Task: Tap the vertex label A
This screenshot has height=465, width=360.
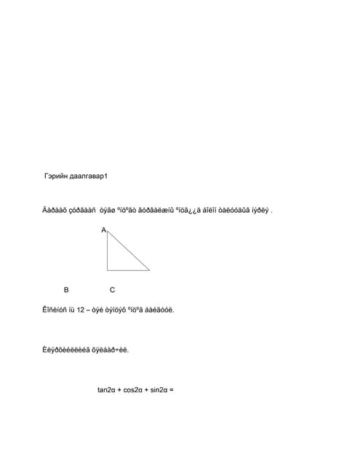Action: (103, 230)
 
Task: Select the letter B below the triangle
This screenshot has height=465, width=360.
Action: (66, 289)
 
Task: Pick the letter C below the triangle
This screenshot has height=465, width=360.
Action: (112, 289)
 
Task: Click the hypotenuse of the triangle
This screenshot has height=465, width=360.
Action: (129, 251)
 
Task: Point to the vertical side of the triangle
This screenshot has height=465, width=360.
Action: (108, 251)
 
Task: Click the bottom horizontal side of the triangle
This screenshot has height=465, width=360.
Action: (128, 270)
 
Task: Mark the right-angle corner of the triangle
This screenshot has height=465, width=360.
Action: (108, 270)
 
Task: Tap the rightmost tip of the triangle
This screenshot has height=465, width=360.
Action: (149, 270)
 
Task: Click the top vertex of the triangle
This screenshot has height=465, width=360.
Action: (108, 232)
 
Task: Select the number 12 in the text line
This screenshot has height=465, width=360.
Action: (81, 310)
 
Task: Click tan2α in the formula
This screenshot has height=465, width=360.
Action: (106, 389)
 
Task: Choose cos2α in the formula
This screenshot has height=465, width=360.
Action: (133, 389)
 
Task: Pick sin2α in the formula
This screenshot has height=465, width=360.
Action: (159, 389)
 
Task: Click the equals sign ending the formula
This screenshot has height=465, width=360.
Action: (172, 389)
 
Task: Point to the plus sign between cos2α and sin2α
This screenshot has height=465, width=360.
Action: (146, 389)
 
